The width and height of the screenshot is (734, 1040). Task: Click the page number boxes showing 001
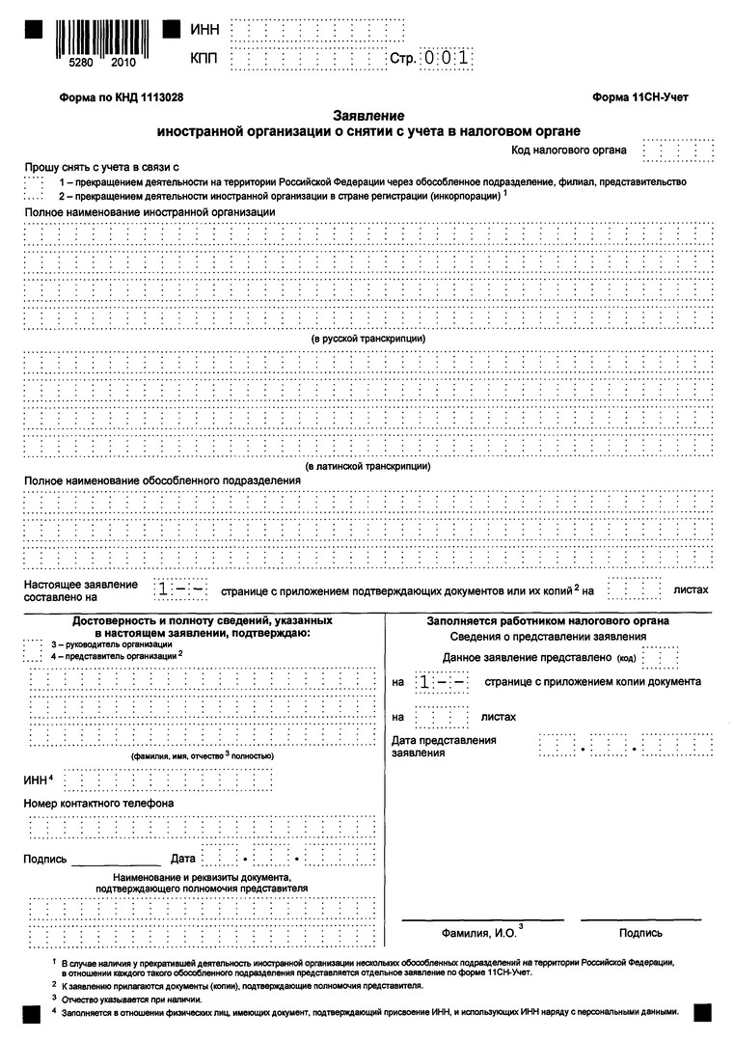448,58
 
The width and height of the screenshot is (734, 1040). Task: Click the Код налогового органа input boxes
678,151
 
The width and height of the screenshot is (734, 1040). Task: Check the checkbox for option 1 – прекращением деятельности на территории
34,181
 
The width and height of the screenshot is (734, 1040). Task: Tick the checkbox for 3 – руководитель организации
34,643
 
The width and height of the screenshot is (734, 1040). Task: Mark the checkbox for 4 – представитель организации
34,656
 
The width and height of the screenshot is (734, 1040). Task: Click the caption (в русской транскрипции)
368,339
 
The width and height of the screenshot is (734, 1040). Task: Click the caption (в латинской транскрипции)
367,466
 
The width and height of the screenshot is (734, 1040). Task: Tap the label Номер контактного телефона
98,803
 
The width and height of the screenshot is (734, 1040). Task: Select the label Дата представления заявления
444,746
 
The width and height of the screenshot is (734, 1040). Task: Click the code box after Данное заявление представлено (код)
660,658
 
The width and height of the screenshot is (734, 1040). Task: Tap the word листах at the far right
691,589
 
